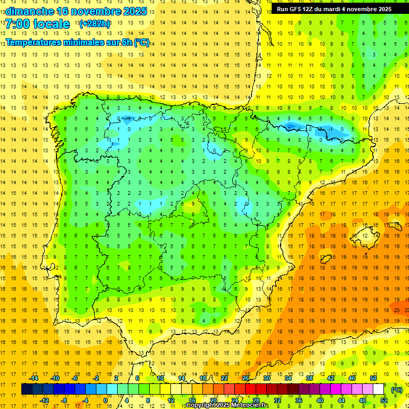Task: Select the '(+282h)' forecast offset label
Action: (x=94, y=24)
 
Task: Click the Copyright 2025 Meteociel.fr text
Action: (x=227, y=405)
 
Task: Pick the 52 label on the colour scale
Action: (x=383, y=400)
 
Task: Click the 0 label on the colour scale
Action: (x=106, y=400)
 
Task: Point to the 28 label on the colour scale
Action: (x=256, y=400)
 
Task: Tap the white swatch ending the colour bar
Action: (x=379, y=389)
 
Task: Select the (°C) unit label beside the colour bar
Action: (x=397, y=390)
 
